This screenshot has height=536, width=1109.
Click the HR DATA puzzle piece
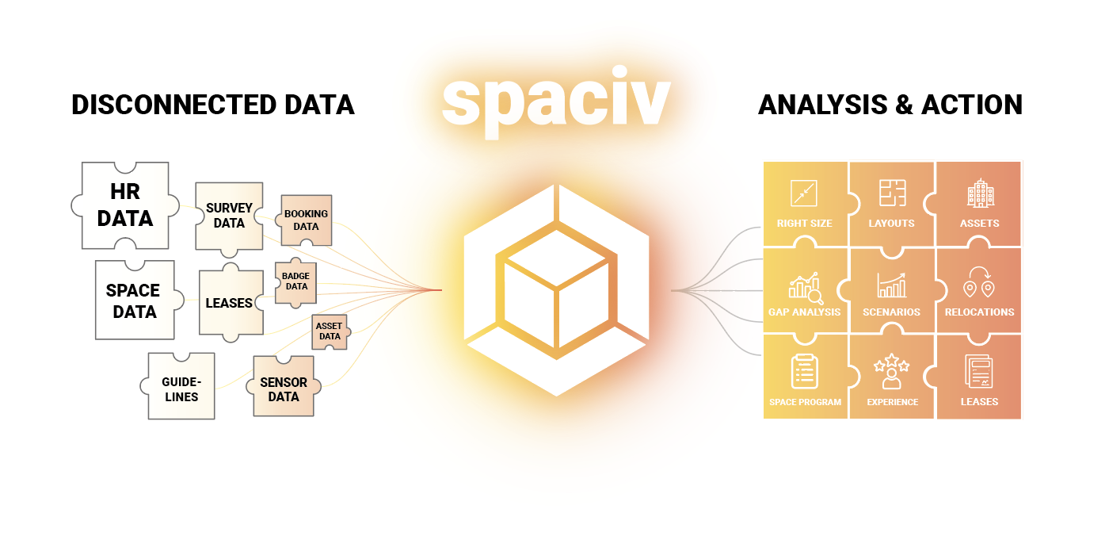point(125,205)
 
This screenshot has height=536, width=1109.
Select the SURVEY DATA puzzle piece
point(229,216)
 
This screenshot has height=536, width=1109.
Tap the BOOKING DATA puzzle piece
point(306,220)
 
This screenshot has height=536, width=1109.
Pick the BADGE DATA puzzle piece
point(295,281)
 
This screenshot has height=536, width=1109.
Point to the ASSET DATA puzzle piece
point(330,331)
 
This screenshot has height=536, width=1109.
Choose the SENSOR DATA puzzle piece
point(284,389)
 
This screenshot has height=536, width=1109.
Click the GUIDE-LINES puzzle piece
point(181,388)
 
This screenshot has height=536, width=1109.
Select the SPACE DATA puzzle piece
point(134,301)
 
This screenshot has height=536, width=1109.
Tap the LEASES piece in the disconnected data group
point(229,303)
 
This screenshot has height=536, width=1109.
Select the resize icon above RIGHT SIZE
point(803,193)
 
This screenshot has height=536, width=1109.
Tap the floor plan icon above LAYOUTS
point(892,193)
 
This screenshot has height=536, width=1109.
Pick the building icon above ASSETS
point(980,193)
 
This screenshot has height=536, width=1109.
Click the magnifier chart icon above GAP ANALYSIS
point(805,289)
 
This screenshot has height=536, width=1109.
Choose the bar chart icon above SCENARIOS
point(892,285)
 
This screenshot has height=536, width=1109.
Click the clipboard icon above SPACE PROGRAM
point(805,371)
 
